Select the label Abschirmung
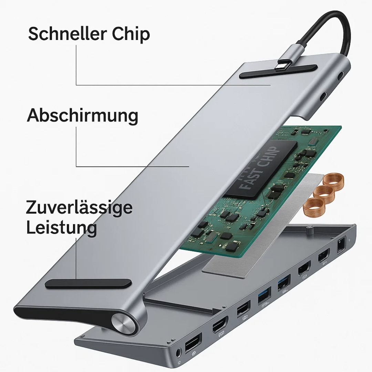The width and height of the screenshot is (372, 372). click(83, 116)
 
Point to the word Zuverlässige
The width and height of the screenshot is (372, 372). click(79, 208)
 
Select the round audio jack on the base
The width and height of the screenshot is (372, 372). click(179, 352)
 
